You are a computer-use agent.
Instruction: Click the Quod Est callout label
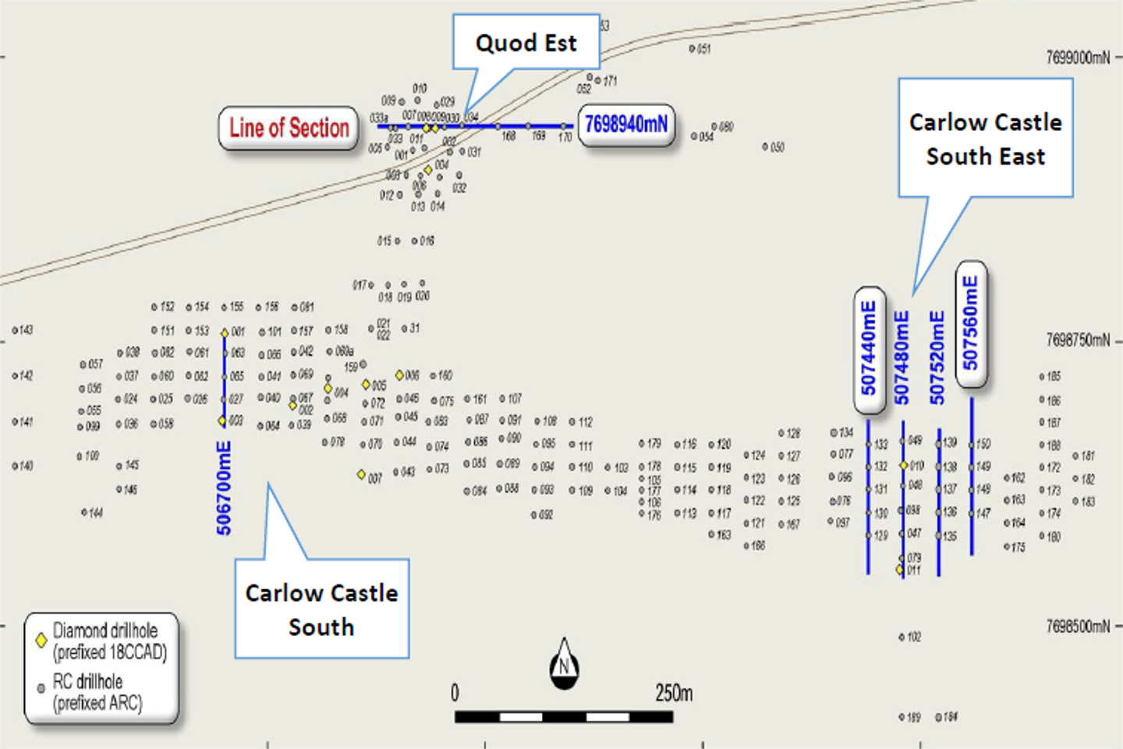coord(526,43)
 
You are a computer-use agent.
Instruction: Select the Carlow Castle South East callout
coord(986,139)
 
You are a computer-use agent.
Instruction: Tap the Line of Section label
coord(289,128)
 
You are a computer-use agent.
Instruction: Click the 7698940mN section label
coord(626,125)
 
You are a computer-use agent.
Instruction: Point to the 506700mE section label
coord(224,488)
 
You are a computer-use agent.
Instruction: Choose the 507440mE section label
coord(869,348)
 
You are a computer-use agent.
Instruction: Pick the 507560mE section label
coord(970,323)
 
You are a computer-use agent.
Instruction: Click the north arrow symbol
coord(564,666)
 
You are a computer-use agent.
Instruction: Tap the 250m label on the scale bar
coord(674,693)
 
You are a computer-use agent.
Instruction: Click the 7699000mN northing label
coord(1078,58)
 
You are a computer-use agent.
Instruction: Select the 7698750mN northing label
coord(1078,340)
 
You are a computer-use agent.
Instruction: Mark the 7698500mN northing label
coord(1078,627)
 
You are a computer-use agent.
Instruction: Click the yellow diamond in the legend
coord(41,641)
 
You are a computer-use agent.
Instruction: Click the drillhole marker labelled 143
coord(15,331)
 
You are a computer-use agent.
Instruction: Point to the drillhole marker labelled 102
coord(902,637)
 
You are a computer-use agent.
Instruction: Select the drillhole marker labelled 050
coord(765,147)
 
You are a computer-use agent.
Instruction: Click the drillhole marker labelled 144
coord(84,513)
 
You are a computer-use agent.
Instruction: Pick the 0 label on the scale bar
coord(455,693)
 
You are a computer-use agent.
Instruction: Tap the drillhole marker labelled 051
coord(692,49)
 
